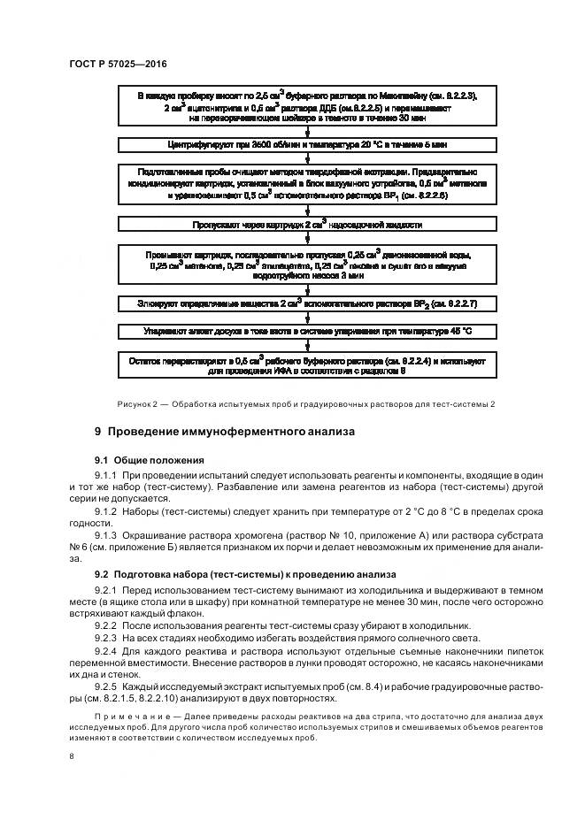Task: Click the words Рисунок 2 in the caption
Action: (x=138, y=404)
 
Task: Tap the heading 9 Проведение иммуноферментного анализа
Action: (x=225, y=433)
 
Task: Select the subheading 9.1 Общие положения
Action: (x=150, y=460)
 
